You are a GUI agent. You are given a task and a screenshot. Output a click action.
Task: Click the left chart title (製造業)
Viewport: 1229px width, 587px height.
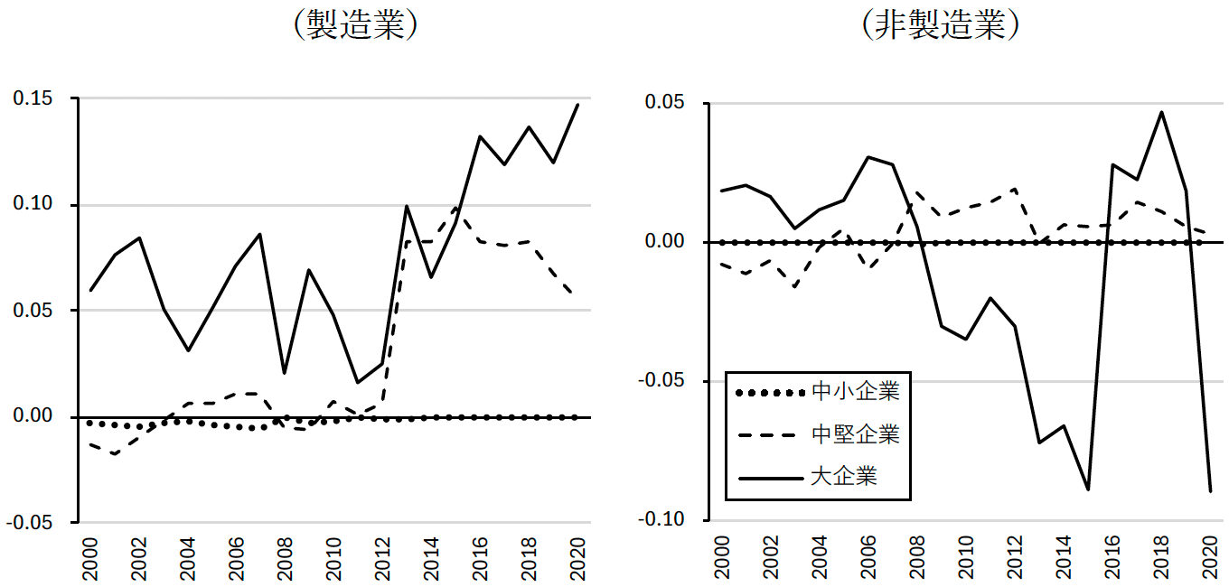[x=355, y=25]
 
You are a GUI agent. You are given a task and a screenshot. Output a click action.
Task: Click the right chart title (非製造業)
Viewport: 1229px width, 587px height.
[x=941, y=25]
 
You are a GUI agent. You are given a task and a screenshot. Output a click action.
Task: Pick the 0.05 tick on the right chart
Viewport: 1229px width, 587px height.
[x=667, y=103]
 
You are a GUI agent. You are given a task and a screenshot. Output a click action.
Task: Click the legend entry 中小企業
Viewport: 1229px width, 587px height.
[x=855, y=392]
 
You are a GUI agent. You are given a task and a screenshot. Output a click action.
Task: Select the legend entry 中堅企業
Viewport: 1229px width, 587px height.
[x=855, y=434]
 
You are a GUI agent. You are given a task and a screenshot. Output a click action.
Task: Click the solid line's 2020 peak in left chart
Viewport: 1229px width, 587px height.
[x=577, y=105]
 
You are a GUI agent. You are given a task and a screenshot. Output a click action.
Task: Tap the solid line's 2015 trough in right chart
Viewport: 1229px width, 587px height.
[x=1088, y=489]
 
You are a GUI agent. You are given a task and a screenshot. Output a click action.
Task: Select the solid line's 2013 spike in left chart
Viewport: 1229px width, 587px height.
[x=407, y=206]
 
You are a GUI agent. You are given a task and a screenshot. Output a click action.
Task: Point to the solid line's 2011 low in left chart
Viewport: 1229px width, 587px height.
[x=358, y=382]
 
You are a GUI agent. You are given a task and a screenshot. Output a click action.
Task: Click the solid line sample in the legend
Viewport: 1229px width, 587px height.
[x=770, y=477]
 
